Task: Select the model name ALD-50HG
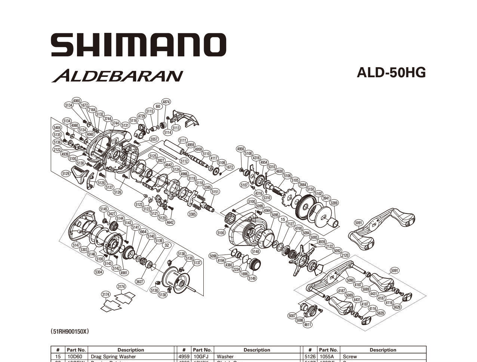click(x=391, y=72)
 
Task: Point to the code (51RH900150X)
click(x=70, y=331)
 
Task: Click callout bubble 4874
click(x=166, y=102)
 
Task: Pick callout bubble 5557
click(x=154, y=139)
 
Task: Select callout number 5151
click(x=215, y=192)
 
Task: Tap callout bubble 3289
click(x=334, y=203)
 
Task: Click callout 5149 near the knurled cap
click(x=252, y=278)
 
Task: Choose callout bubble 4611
click(x=307, y=325)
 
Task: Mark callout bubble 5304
click(x=99, y=272)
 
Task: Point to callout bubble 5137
click(x=197, y=263)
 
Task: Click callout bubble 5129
click(x=66, y=173)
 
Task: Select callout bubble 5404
click(x=57, y=128)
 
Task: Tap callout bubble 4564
click(x=267, y=210)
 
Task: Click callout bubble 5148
click(x=256, y=251)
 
